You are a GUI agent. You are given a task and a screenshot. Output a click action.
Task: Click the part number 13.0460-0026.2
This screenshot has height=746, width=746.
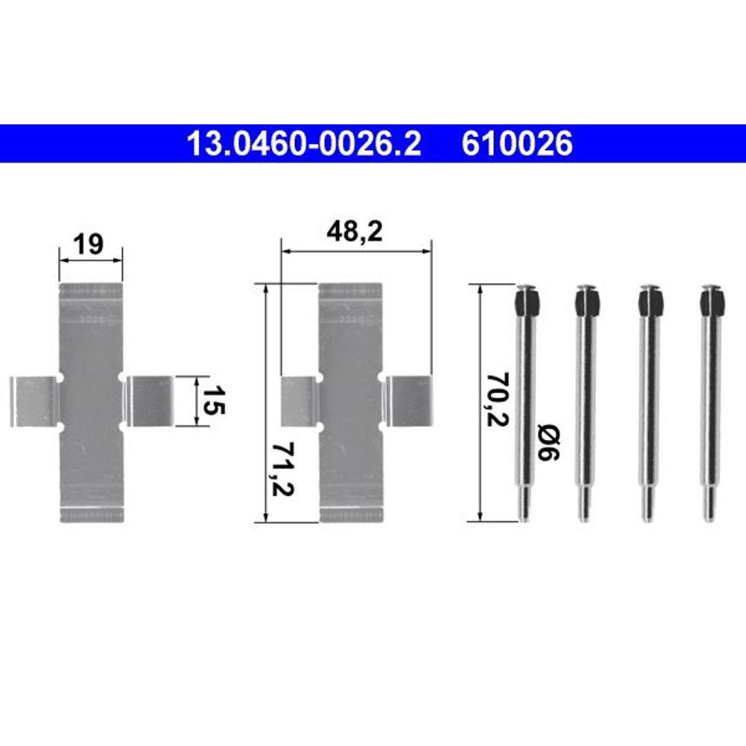click(x=304, y=143)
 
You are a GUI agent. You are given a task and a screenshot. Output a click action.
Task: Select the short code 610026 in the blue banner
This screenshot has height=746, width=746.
click(x=517, y=143)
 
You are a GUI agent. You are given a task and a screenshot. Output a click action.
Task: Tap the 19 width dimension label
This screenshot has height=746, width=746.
click(x=88, y=245)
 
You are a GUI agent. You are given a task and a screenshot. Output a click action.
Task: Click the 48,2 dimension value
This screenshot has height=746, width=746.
click(x=354, y=232)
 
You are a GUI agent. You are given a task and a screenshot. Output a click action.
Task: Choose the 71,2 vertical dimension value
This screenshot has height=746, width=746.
click(x=283, y=469)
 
